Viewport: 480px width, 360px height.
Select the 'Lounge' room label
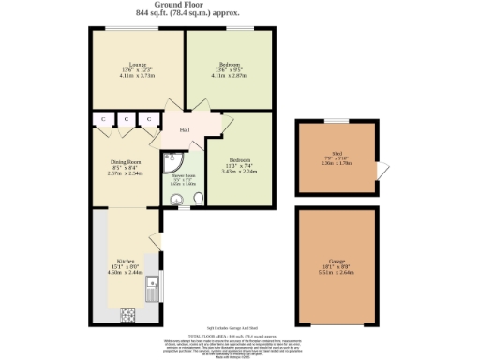coord(138,64)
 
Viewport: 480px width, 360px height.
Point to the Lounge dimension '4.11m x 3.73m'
coord(138,75)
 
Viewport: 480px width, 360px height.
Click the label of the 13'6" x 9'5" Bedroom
coord(230,64)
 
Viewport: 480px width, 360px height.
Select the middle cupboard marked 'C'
coord(125,119)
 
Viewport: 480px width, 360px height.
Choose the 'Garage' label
coord(337,265)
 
